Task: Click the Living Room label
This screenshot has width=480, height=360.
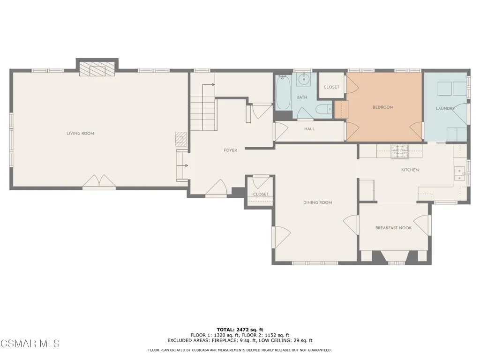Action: click(80, 134)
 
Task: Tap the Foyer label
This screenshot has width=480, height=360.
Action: click(230, 150)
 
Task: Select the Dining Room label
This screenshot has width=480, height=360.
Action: click(317, 202)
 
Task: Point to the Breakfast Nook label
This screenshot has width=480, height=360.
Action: click(393, 228)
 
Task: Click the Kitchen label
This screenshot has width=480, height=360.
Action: click(410, 170)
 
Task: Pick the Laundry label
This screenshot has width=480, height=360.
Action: click(445, 108)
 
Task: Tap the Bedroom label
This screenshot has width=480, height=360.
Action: click(383, 107)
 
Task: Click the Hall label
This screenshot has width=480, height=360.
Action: click(309, 129)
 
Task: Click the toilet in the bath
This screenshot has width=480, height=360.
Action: click(323, 109)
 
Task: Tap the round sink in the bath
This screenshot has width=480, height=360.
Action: click(304, 80)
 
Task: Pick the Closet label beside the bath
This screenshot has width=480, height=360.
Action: click(331, 87)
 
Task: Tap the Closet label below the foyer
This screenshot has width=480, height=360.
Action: click(261, 195)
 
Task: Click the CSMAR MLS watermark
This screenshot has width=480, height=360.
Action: click(30, 344)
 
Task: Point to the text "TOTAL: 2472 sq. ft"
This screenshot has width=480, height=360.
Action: click(240, 330)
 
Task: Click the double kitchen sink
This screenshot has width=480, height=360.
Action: click(459, 174)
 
